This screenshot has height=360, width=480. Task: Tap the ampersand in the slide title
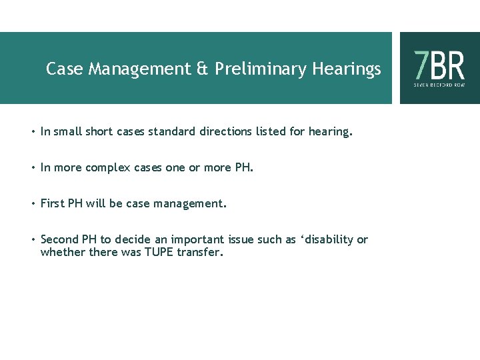[201, 69]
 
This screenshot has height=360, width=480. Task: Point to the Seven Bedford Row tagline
[439, 85]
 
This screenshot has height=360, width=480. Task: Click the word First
[52, 204]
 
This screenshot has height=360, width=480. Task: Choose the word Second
[59, 240]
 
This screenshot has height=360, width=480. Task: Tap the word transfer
[199, 252]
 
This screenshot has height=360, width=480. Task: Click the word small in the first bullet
[67, 132]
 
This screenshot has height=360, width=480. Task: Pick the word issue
[241, 240]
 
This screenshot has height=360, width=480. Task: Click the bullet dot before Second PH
[33, 240]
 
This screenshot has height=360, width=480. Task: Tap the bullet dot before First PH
[33, 204]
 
